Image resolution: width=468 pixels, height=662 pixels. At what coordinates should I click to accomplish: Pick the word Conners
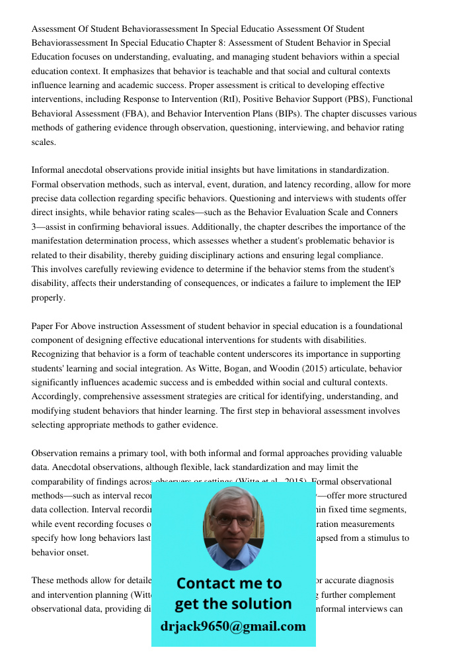tap(382, 213)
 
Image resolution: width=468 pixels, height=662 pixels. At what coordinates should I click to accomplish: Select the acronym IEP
tap(393, 283)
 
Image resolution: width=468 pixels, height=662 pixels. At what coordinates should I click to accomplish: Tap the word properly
tap(49, 298)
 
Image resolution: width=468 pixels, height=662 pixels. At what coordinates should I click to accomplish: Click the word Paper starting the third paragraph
tap(44, 326)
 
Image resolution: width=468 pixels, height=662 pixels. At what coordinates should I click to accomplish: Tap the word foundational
tap(378, 326)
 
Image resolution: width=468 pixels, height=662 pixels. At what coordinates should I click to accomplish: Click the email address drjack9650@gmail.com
tap(233, 626)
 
